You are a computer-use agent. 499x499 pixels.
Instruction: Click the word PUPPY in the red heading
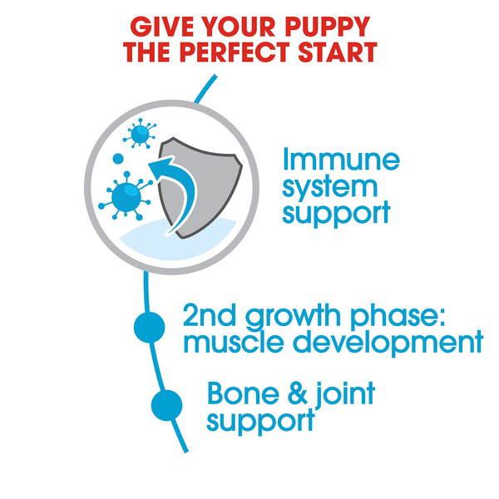point(327,27)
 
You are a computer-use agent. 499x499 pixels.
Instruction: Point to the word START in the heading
point(338,52)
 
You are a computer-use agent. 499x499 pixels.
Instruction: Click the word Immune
point(341,159)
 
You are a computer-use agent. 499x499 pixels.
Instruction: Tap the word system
point(329,187)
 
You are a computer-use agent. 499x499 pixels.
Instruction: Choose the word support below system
point(336,213)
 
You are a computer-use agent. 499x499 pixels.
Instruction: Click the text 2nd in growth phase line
point(210,314)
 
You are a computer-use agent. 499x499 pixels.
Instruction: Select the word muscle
point(234,342)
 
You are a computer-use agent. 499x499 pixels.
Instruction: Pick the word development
point(388,343)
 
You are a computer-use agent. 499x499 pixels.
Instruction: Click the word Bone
point(243,393)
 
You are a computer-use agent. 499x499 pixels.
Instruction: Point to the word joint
point(345,394)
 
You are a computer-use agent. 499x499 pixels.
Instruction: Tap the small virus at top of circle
point(140,134)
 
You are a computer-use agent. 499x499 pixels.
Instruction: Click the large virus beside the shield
point(126,196)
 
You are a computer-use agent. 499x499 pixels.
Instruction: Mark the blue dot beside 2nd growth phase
point(149,327)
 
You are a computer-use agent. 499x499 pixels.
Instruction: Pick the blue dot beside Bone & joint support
point(167,405)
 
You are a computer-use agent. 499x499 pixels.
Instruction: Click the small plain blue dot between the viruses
point(118,159)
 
